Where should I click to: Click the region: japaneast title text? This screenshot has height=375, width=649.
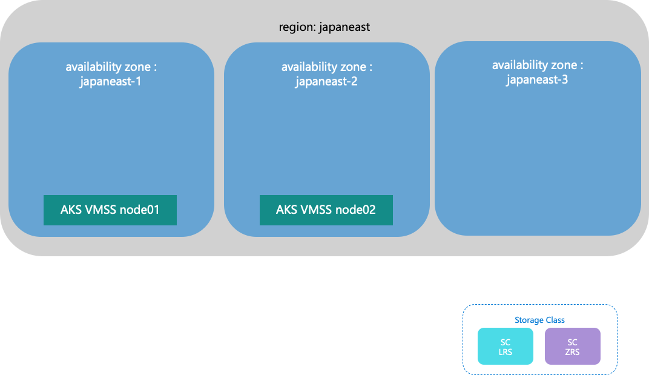(324, 27)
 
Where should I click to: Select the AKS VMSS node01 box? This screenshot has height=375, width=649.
(110, 210)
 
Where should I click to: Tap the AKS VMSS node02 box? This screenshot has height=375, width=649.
(326, 210)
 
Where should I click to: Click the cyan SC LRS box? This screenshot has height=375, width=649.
(506, 347)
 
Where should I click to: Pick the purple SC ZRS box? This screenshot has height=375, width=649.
(573, 347)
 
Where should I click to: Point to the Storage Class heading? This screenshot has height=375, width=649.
(539, 320)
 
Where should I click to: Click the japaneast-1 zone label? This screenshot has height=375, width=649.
(110, 81)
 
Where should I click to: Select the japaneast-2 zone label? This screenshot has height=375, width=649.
(326, 81)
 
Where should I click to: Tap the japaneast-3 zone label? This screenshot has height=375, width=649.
(537, 79)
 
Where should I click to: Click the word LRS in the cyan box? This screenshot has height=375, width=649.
(506, 352)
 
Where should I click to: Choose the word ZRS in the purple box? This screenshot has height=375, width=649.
(573, 352)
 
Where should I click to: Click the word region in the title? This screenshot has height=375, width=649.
(293, 27)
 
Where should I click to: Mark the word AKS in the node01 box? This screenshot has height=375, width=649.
(71, 210)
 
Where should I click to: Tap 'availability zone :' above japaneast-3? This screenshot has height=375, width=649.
(538, 65)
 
